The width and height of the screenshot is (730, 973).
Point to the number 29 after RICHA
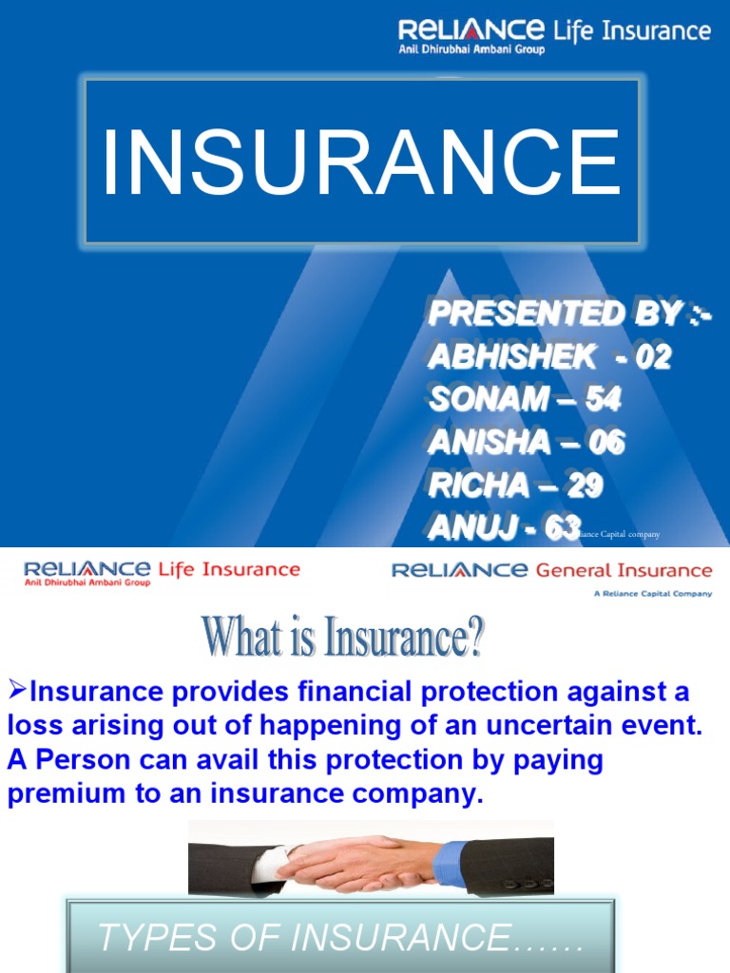(586, 486)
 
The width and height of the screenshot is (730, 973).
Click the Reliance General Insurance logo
(551, 572)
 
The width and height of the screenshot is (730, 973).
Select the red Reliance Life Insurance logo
(162, 572)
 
